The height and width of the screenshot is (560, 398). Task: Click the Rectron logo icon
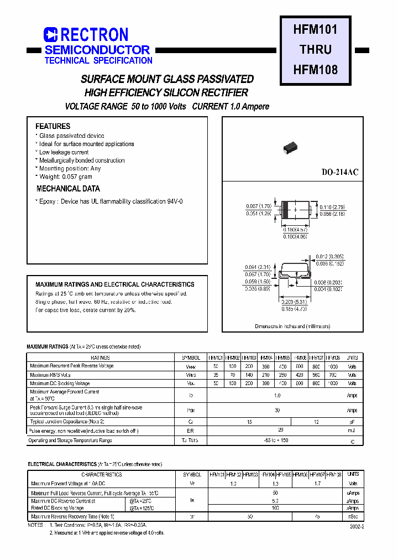click(50, 35)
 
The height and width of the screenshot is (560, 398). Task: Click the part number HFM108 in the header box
click(315, 70)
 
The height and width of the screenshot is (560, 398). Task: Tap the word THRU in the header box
click(316, 49)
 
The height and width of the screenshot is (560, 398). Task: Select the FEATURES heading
click(53, 126)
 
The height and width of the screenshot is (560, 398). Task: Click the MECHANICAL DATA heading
click(68, 189)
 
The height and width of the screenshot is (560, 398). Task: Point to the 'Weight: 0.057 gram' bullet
click(65, 177)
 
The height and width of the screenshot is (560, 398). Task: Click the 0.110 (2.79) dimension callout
click(332, 206)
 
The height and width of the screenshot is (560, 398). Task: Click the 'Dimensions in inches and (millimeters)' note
click(292, 326)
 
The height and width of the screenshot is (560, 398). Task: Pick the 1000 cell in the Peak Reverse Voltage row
click(333, 366)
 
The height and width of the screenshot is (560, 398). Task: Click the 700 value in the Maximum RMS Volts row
click(333, 375)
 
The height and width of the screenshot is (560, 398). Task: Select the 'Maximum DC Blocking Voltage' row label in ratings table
click(60, 383)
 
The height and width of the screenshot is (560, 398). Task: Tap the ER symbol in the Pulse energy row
click(190, 430)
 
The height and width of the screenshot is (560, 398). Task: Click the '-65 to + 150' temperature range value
click(277, 440)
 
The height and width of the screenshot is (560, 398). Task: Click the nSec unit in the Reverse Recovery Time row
click(353, 516)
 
